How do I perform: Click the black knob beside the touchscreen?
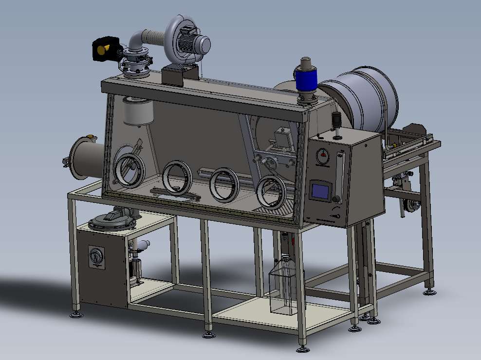point(336,199)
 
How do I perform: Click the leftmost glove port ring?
point(129,170)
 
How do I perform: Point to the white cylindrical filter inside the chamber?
point(138,111)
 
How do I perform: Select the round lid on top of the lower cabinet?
point(112,221)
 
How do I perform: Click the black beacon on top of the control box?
point(335,119)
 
